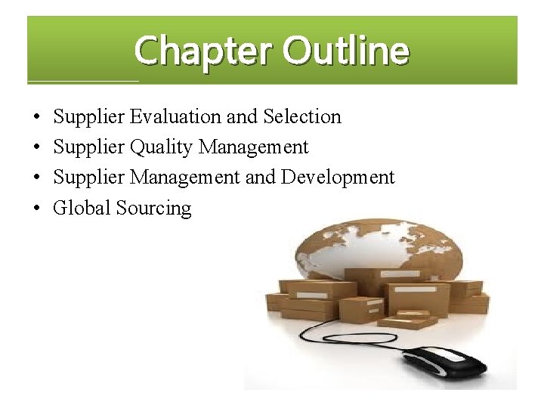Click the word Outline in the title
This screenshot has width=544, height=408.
346,51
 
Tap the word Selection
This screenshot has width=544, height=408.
302,117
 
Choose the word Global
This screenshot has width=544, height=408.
82,208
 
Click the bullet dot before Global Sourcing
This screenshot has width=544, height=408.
37,209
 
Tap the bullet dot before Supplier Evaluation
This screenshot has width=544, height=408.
37,118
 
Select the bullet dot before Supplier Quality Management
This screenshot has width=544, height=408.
37,148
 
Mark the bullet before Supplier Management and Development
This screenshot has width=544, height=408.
37,178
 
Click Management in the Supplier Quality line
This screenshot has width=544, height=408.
253,148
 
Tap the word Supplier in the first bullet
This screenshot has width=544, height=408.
89,118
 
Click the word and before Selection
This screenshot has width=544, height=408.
242,117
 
